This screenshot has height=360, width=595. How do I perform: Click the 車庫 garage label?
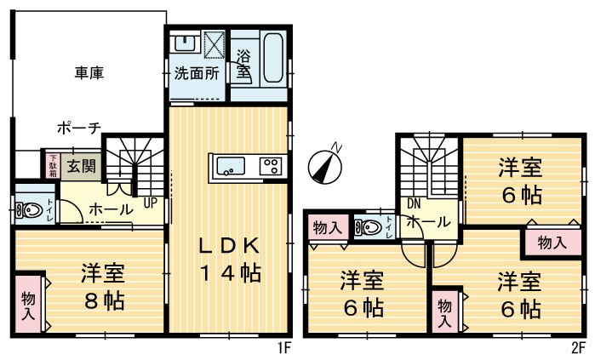coord(88,73)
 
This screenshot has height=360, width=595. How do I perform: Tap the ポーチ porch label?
coord(78,128)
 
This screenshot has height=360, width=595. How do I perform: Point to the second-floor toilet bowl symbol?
coord(369,227)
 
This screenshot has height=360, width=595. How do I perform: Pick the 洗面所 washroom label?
coord(197,73)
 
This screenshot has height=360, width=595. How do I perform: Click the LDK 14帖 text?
coord(229,260)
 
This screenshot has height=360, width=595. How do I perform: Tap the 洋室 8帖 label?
coord(103,287)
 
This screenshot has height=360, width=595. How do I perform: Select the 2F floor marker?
coord(578,348)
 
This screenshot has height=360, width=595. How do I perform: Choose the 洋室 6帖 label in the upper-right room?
coord(520,181)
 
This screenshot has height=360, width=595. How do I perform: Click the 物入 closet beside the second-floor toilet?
coord(328,227)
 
